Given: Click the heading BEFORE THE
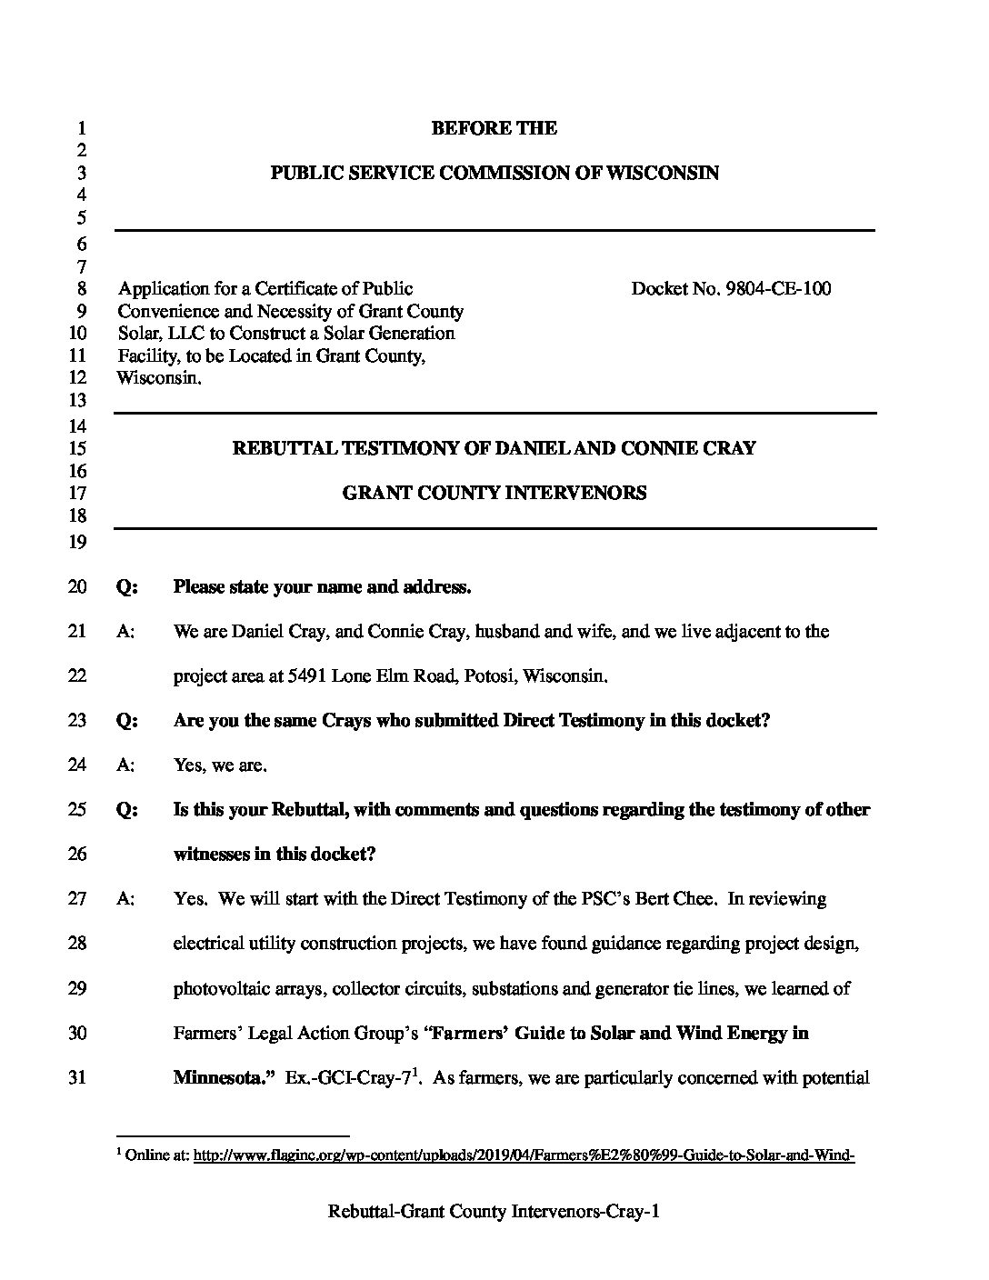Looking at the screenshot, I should [494, 128].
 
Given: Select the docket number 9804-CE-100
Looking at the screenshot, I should [778, 289].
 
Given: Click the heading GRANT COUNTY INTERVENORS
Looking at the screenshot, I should [494, 493].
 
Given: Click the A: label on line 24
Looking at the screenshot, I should [125, 765].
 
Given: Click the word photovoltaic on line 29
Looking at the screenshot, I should [216, 988].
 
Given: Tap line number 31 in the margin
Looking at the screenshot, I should [77, 1078].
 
